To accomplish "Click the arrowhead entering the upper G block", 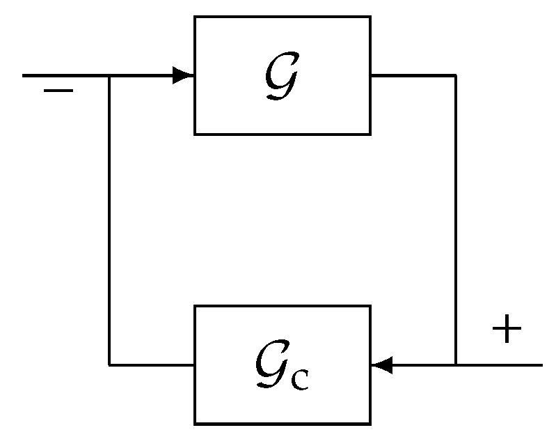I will tap(183, 75).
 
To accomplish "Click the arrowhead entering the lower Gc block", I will tap(382, 365).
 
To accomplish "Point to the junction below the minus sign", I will tap(109, 75).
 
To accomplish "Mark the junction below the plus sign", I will tap(456, 365).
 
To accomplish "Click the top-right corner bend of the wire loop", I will tap(456, 75).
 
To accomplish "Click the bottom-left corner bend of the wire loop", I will tap(109, 365).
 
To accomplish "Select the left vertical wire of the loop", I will tap(109, 220).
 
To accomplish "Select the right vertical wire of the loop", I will tap(456, 220).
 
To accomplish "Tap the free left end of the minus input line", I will tap(24, 75).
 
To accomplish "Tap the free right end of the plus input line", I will tap(541, 365).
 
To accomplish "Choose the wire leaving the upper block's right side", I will tap(413, 75).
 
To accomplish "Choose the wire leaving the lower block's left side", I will tap(152, 365).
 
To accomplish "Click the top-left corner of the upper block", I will tap(195, 17).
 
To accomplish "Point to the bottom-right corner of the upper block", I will tap(370, 134).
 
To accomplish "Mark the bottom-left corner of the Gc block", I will tap(195, 423).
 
